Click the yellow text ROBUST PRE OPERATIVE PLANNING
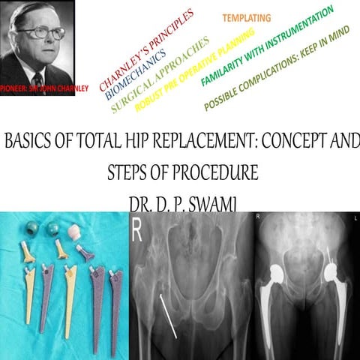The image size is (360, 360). [x=196, y=68]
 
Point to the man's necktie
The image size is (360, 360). [x=38, y=79]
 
